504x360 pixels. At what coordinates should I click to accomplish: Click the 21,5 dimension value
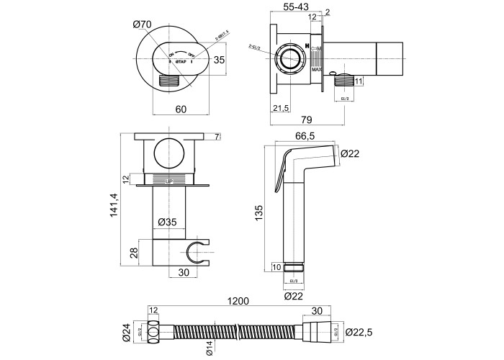point(282,107)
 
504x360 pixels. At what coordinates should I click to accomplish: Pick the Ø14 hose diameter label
point(208,347)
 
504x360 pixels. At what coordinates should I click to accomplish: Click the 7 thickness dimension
point(217,137)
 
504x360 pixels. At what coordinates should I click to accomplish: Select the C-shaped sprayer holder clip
point(195,253)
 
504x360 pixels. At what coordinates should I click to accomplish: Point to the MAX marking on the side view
point(316,70)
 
